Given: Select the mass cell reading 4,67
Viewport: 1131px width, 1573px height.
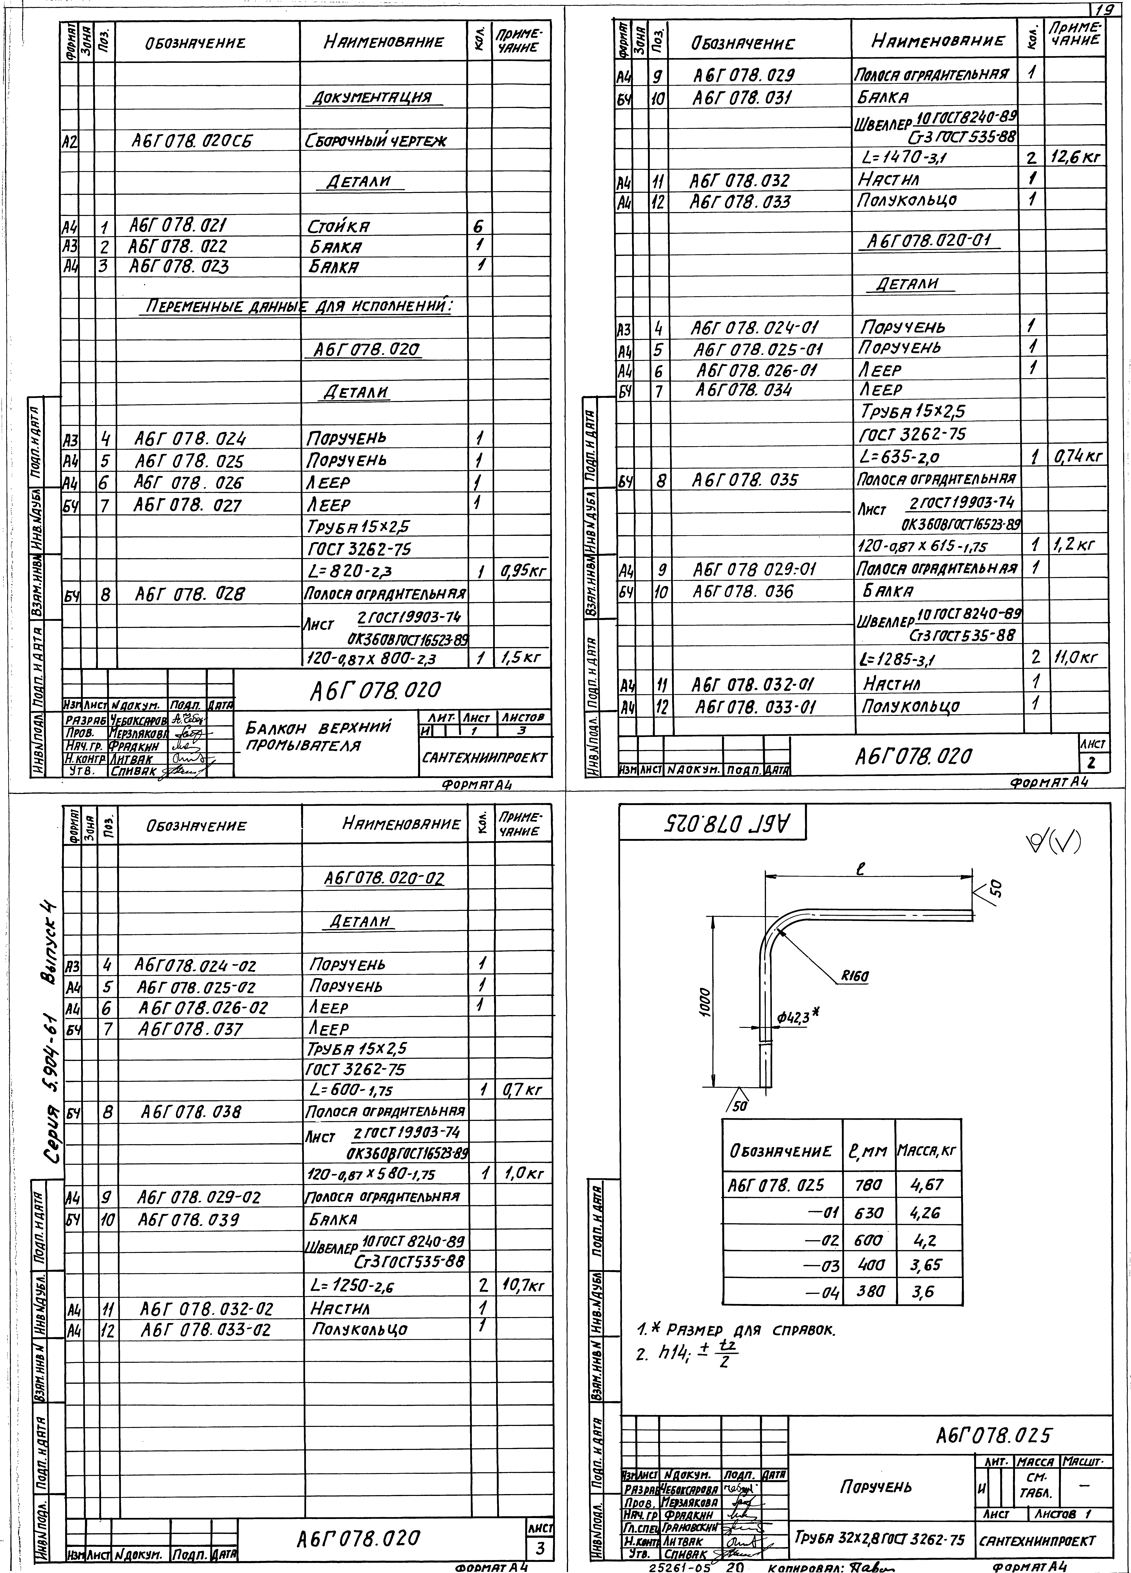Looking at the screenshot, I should [927, 1185].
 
